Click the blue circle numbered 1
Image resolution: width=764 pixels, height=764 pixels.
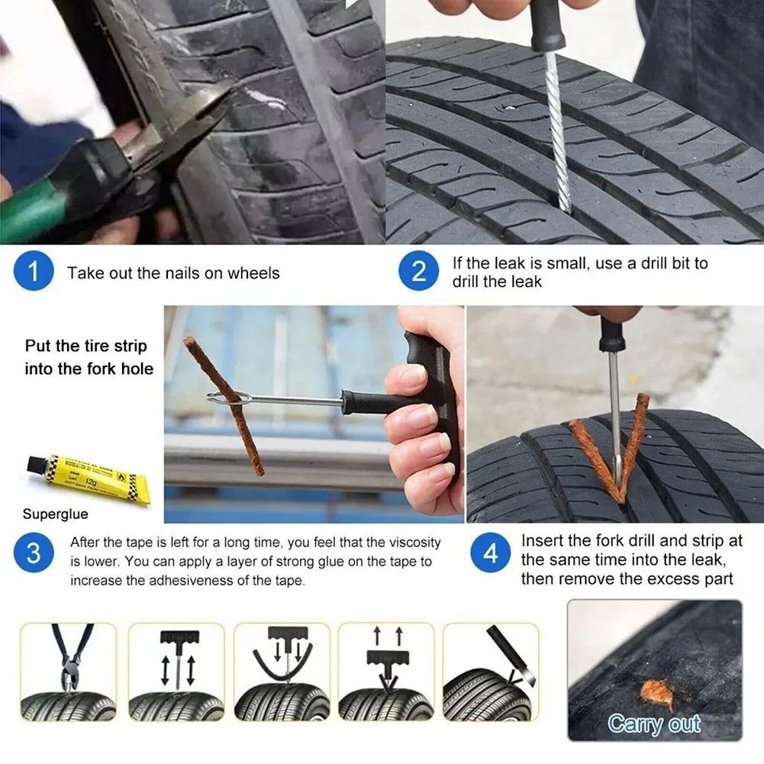[x=34, y=272]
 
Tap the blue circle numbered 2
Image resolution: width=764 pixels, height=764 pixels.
[x=419, y=272]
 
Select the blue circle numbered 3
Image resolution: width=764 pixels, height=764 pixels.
[x=34, y=553]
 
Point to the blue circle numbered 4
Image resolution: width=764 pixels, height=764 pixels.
[x=490, y=553]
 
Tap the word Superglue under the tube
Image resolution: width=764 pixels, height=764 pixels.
[x=55, y=514]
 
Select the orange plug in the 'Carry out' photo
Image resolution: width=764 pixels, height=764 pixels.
[x=658, y=693]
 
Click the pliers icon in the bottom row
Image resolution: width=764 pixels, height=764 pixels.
[x=69, y=671]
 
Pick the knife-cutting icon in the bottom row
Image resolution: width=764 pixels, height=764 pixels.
[x=491, y=671]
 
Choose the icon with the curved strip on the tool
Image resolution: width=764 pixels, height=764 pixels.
[x=282, y=671]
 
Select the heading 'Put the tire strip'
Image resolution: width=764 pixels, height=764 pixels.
[x=85, y=346]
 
